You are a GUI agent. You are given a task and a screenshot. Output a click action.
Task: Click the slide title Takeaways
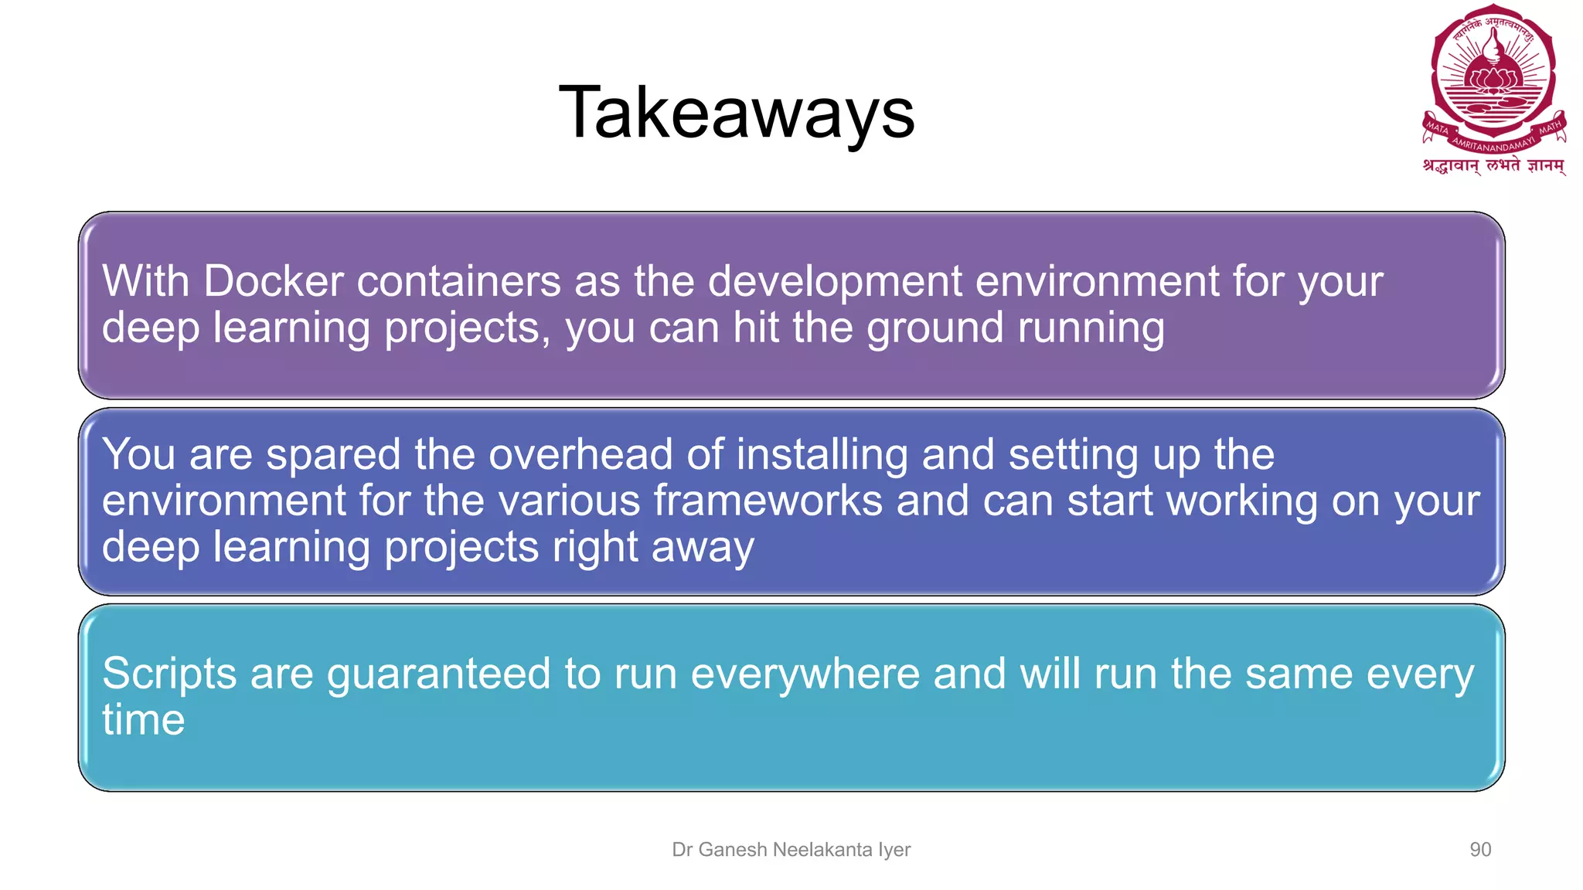pyautogui.click(x=737, y=113)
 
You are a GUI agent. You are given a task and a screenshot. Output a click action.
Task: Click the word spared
pyautogui.click(x=333, y=455)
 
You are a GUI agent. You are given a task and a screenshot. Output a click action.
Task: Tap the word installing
pyautogui.click(x=822, y=455)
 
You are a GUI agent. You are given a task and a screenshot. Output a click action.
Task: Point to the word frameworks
pyautogui.click(x=768, y=501)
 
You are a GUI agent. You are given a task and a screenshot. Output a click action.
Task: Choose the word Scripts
pyautogui.click(x=169, y=674)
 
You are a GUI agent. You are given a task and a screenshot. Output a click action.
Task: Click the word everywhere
pyautogui.click(x=805, y=674)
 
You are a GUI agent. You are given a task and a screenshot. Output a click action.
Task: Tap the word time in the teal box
pyautogui.click(x=144, y=720)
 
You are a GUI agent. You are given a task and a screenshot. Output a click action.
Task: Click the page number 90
pyautogui.click(x=1479, y=850)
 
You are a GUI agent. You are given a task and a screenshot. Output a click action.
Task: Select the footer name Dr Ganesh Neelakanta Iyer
pyautogui.click(x=791, y=850)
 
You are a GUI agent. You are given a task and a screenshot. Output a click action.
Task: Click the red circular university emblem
pyautogui.click(x=1493, y=77)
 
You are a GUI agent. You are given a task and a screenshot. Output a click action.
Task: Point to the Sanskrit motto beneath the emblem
pyautogui.click(x=1493, y=165)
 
